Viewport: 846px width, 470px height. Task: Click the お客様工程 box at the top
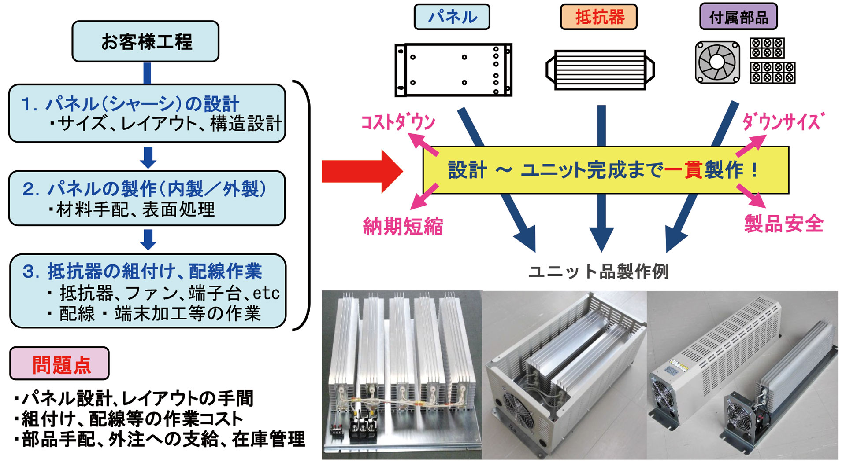[x=145, y=41]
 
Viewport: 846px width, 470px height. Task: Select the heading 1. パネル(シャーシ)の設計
[x=130, y=104]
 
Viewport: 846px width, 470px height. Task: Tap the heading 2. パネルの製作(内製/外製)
[x=145, y=189]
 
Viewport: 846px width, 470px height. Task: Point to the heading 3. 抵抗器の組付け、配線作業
[x=142, y=271]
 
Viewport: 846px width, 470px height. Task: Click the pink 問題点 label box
[x=59, y=364]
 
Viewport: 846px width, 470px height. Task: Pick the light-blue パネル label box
[x=452, y=17]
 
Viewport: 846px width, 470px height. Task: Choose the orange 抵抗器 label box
[x=598, y=17]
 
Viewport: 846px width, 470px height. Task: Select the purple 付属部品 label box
[x=738, y=17]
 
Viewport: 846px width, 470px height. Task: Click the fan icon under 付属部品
[x=717, y=62]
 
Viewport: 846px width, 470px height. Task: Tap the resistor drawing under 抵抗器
[x=600, y=70]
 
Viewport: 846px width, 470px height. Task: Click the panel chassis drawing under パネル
[x=453, y=70]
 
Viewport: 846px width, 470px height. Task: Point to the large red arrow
[x=361, y=171]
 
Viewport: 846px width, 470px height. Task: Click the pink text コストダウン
[x=398, y=122]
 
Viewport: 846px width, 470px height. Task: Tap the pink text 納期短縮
[x=403, y=227]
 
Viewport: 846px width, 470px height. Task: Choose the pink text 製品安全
[x=783, y=224]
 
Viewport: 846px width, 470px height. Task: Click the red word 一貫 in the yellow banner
[x=683, y=170]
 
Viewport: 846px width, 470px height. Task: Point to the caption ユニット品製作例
[x=598, y=272]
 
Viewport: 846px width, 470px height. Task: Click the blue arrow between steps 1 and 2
[x=148, y=157]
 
